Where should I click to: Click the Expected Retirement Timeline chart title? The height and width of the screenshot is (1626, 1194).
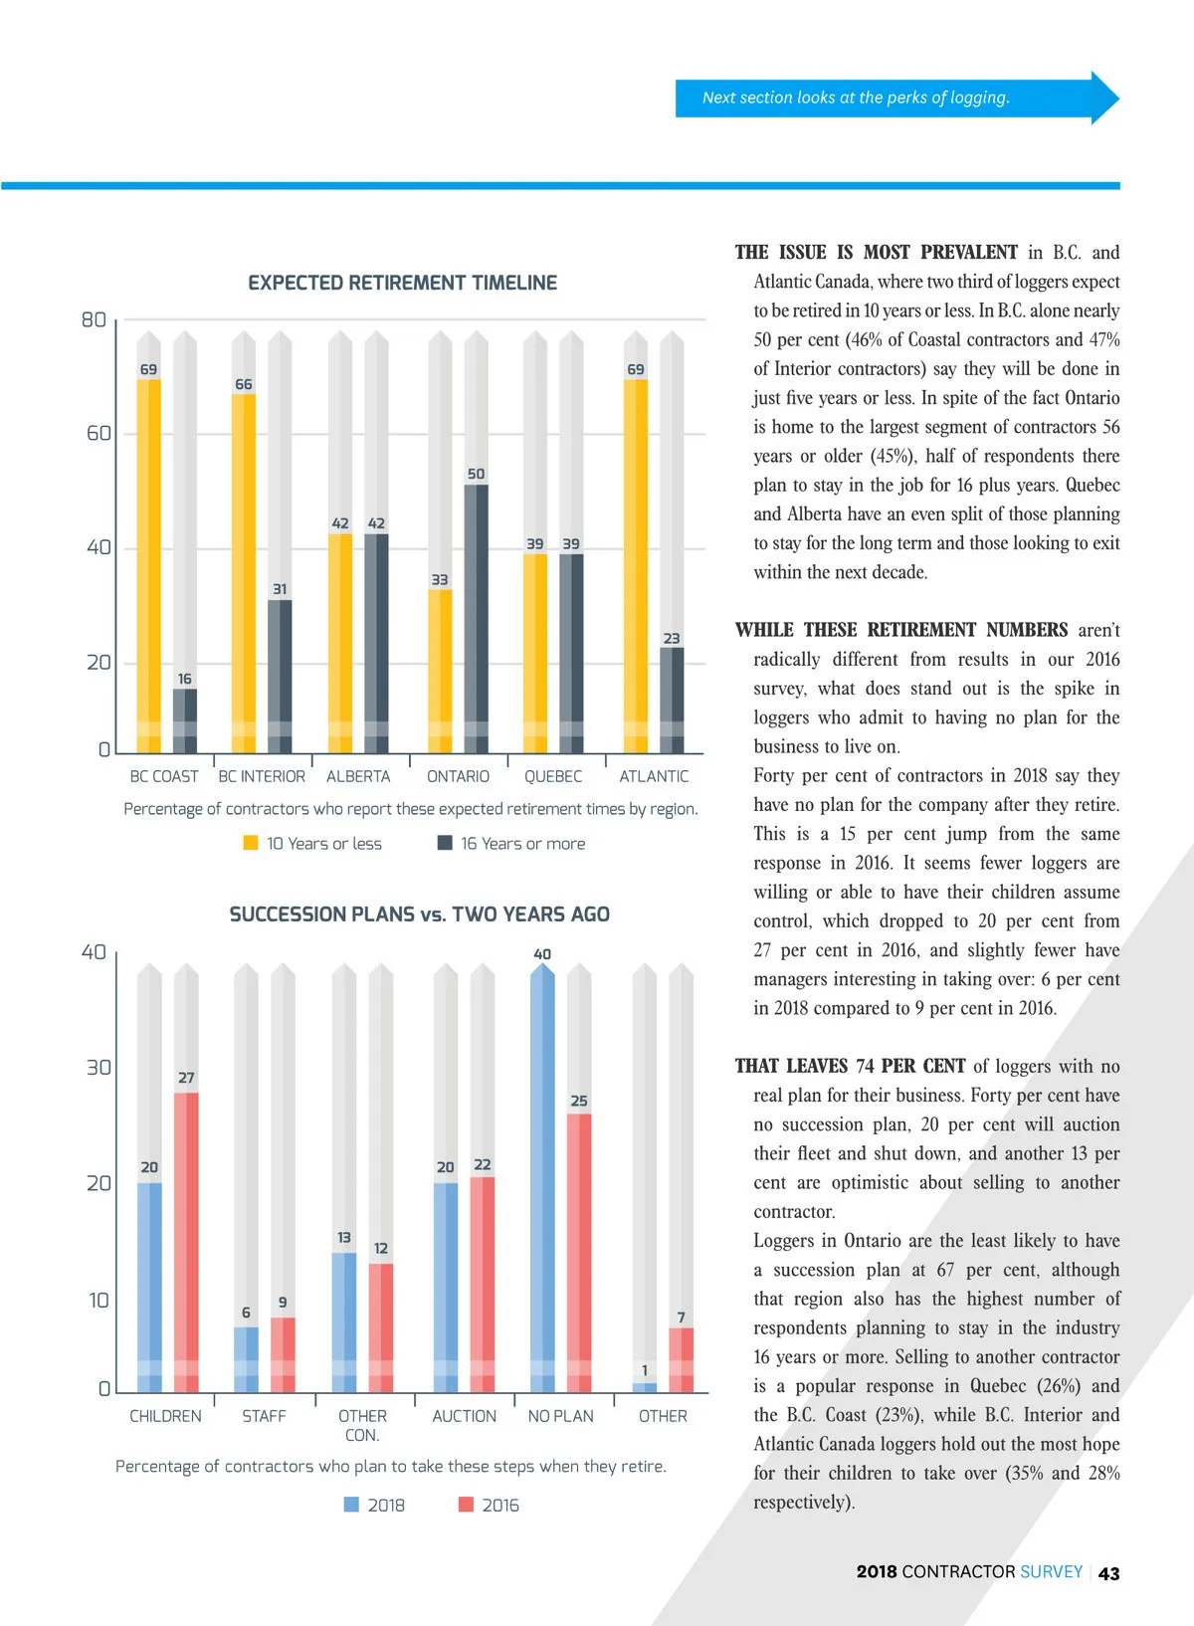[x=402, y=283]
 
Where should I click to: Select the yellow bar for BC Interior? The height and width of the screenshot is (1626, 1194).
[x=244, y=572]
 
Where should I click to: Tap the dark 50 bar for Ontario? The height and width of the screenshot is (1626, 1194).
[x=477, y=617]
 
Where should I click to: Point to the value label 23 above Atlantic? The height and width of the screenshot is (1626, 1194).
[x=672, y=639]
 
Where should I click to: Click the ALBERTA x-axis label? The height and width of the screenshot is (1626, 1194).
[x=358, y=776]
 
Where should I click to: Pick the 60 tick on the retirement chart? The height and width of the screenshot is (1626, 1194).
[x=99, y=433]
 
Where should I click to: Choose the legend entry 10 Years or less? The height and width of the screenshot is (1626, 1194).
[x=312, y=844]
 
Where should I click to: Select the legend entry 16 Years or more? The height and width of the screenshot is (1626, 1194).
[x=511, y=844]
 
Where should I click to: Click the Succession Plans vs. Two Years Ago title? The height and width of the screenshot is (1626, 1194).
[x=419, y=915]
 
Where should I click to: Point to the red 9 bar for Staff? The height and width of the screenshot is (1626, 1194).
[x=283, y=1353]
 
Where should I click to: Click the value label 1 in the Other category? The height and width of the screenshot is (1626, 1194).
[x=645, y=1370]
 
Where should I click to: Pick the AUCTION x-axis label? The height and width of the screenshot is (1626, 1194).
[x=464, y=1416]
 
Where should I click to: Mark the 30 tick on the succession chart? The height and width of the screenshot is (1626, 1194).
[x=99, y=1068]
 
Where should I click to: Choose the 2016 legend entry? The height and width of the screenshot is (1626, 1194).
[x=489, y=1506]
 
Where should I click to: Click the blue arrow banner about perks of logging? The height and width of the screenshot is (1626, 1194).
[x=895, y=98]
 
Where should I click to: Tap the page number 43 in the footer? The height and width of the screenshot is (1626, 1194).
[x=1108, y=1573]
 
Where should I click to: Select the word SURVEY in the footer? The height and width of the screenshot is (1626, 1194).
[x=1051, y=1572]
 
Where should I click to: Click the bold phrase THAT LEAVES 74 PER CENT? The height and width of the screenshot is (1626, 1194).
[x=850, y=1067]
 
